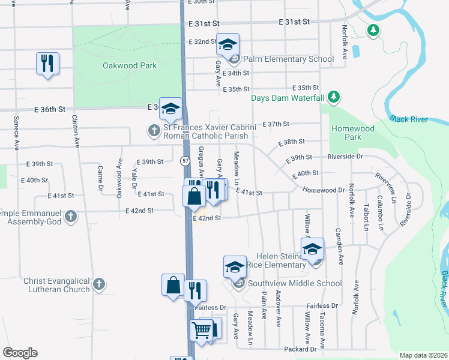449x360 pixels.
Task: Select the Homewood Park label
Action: click(353, 133)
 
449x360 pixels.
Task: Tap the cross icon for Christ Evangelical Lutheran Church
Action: click(100, 284)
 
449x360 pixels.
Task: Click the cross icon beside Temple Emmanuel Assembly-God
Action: click(71, 216)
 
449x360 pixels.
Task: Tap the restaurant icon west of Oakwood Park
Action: click(47, 62)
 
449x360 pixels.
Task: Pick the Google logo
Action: click(20, 353)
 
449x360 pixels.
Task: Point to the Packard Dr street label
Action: click(300, 349)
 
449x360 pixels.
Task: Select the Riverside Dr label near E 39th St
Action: click(345, 157)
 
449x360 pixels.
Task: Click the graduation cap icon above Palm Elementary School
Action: click(228, 44)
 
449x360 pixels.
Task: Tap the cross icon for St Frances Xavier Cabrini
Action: click(154, 130)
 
